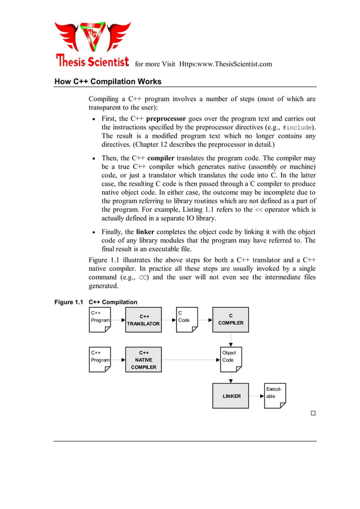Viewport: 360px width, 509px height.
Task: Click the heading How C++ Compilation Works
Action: pos(108,81)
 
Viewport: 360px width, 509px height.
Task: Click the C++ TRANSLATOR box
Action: pos(143,320)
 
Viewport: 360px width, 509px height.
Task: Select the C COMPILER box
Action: pos(230,319)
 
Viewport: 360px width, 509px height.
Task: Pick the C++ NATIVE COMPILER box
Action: pos(143,359)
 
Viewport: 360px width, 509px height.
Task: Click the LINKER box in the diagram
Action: pos(230,396)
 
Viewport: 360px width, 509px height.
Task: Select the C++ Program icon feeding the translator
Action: pos(100,319)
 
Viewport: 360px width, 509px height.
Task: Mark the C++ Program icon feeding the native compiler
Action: pos(100,359)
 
